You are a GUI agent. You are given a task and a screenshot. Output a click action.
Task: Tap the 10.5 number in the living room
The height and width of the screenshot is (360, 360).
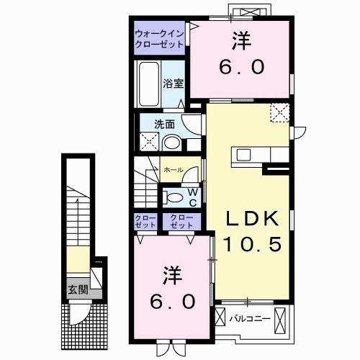(x=245, y=245)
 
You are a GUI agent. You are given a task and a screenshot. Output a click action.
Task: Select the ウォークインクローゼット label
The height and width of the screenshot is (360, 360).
(x=158, y=37)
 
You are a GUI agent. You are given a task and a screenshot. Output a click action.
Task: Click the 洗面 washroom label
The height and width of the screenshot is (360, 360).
(x=165, y=123)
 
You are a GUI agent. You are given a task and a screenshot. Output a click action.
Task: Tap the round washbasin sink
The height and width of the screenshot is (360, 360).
(x=171, y=143)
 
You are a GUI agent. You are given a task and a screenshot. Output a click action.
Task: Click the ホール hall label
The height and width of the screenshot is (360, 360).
(x=173, y=170)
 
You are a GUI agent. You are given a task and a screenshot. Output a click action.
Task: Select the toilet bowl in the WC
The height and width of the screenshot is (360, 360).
(x=172, y=195)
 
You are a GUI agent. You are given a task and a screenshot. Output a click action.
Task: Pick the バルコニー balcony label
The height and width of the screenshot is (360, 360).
(x=249, y=316)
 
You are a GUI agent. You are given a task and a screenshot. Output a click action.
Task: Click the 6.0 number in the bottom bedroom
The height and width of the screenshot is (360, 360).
(x=172, y=300)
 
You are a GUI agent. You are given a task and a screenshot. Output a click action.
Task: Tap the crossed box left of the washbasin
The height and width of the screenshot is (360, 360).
(x=148, y=143)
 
